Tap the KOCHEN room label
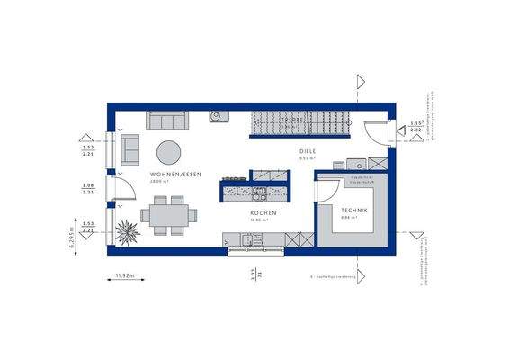tap(263, 212)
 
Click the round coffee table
tap(168, 151)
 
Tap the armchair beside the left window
tap(130, 145)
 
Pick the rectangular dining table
tap(171, 217)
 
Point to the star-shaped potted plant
tap(126, 229)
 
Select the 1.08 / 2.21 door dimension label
tap(89, 188)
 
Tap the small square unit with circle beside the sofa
tap(217, 116)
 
